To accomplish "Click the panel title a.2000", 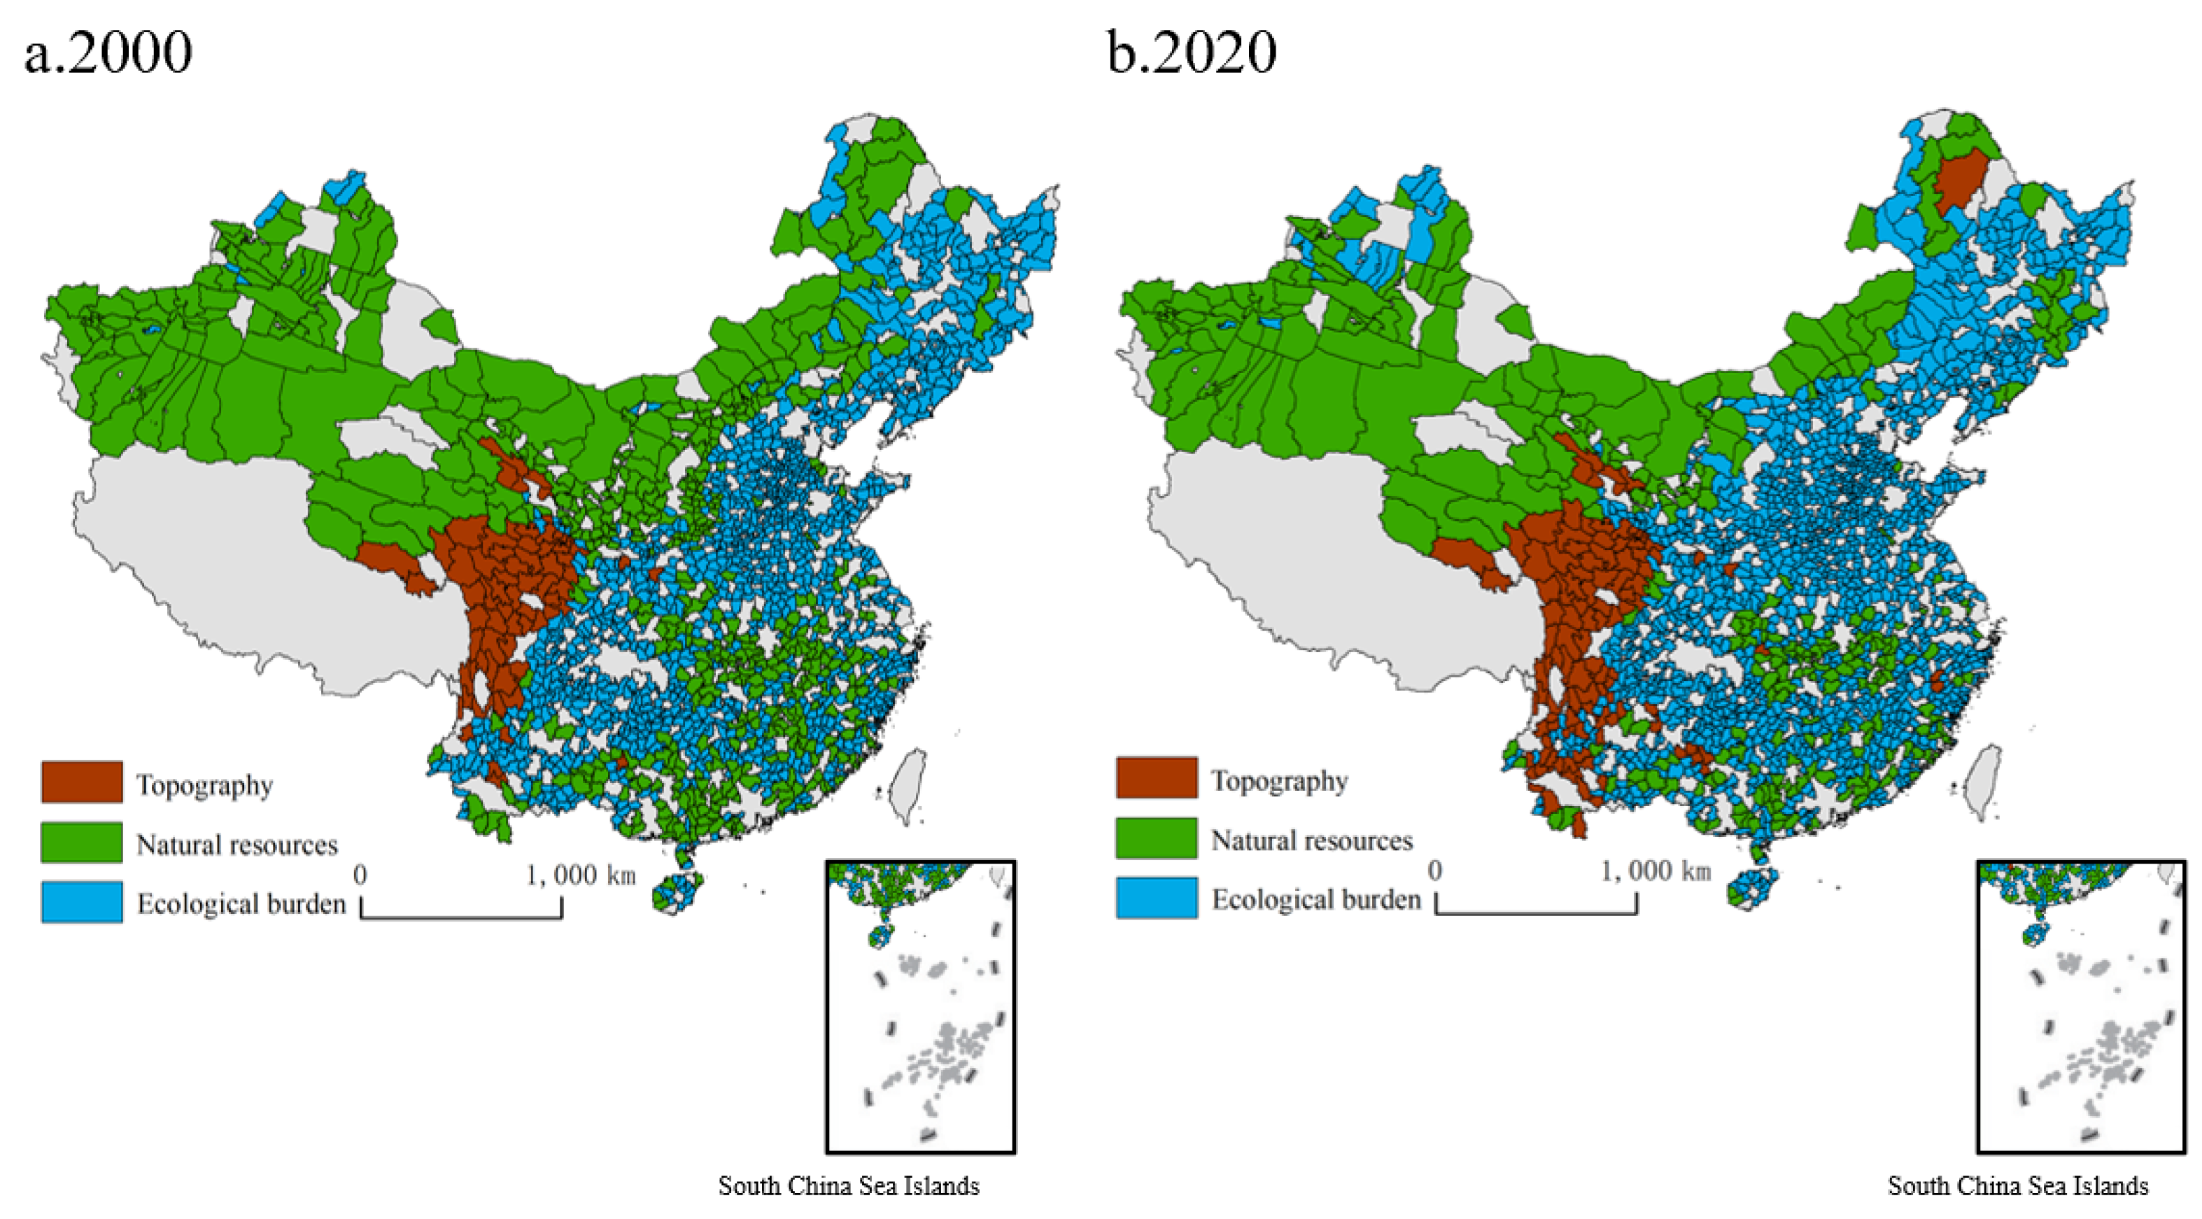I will click(108, 53).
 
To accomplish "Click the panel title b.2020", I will click(1192, 53).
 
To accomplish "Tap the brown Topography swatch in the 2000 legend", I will click(82, 782).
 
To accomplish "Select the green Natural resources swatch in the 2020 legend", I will click(1156, 838).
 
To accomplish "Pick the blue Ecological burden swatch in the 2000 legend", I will click(82, 902).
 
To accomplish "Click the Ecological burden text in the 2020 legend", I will click(1316, 899).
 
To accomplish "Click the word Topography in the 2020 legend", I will click(1279, 780).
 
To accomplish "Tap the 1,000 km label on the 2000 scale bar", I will click(581, 875).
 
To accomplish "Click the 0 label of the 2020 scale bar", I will click(1435, 871).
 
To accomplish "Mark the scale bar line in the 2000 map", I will click(462, 917).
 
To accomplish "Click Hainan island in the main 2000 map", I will click(677, 892).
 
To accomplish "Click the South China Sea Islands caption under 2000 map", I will click(848, 1185).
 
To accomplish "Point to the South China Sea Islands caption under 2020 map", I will click(2017, 1185).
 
